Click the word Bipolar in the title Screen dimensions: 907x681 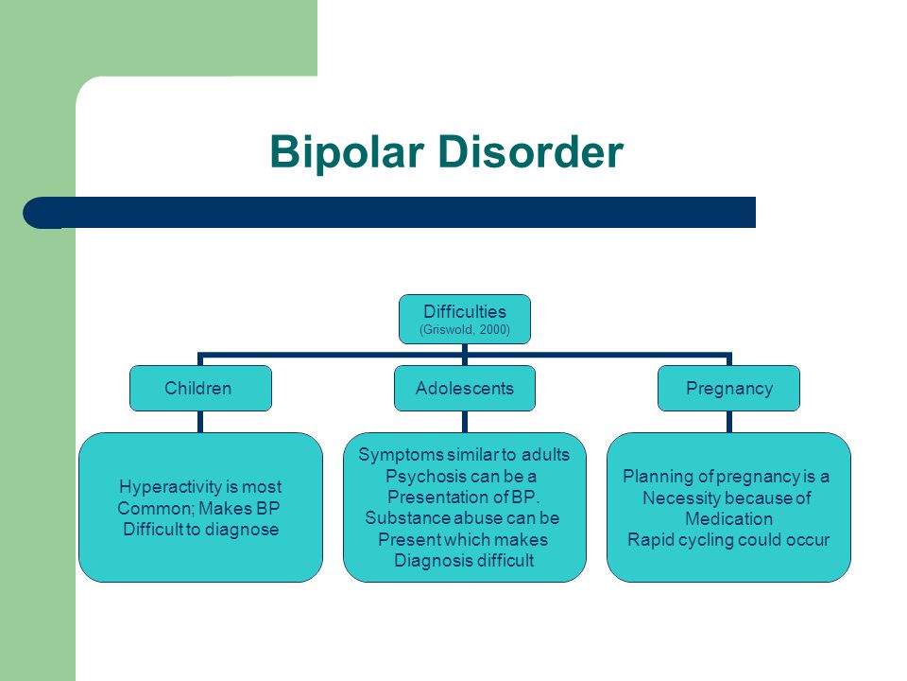[x=347, y=151]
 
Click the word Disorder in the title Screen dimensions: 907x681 [x=530, y=151]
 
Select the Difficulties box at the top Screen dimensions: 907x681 [x=465, y=319]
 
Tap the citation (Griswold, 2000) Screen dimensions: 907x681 [x=465, y=330]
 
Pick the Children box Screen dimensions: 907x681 [x=200, y=388]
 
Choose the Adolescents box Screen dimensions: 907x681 [x=465, y=388]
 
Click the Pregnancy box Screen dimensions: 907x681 [x=728, y=388]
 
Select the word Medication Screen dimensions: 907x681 [x=728, y=519]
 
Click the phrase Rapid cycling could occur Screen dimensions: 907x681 [x=728, y=540]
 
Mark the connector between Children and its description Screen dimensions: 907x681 [x=200, y=422]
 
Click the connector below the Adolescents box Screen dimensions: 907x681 [x=465, y=422]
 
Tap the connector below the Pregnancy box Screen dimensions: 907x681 [x=728, y=422]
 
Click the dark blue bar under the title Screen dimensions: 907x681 [x=389, y=213]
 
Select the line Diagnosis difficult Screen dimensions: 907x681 [x=464, y=561]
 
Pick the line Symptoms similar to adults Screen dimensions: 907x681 [x=464, y=455]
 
